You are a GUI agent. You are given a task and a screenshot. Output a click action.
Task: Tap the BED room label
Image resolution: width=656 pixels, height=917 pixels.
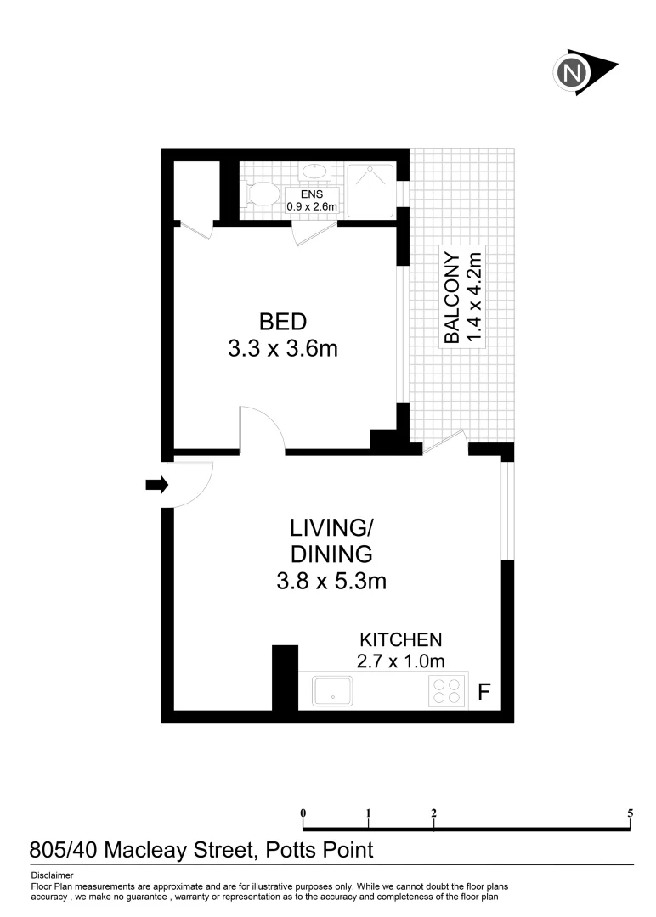(282, 322)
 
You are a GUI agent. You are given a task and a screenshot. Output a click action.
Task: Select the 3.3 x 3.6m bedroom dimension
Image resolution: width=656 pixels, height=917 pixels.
(283, 348)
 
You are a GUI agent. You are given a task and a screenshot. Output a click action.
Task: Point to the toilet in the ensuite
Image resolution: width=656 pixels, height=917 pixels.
(263, 194)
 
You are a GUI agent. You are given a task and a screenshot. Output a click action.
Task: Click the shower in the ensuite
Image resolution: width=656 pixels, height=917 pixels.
(370, 188)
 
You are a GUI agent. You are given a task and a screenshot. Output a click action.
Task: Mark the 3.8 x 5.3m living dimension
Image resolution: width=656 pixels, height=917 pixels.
(331, 582)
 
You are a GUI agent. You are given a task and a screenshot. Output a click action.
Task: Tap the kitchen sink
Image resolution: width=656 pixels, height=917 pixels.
(333, 690)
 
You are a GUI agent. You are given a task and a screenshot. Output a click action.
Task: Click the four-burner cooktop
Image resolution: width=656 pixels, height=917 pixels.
(447, 692)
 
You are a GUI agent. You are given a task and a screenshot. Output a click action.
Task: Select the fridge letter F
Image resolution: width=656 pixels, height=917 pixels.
(484, 693)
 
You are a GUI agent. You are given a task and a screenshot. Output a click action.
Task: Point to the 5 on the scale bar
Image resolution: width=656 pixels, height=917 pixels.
(630, 813)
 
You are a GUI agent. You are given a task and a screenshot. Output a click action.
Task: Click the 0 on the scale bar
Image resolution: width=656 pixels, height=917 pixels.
(303, 813)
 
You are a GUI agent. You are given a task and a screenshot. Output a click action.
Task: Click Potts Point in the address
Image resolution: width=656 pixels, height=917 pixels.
(320, 849)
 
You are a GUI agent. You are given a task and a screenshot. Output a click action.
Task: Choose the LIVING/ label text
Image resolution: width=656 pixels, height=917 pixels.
(331, 527)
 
